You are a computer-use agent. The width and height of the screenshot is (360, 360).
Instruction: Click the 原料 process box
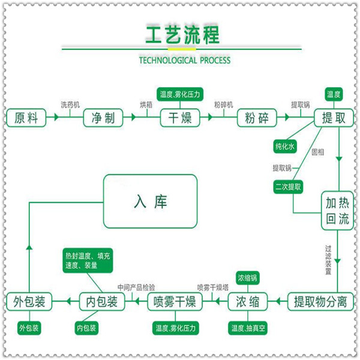(x=26, y=118)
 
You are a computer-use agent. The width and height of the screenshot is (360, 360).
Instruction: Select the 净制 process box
(x=103, y=118)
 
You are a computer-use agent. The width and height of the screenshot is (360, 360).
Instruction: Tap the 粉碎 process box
(x=257, y=118)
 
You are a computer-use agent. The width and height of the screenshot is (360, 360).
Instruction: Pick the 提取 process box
(x=334, y=118)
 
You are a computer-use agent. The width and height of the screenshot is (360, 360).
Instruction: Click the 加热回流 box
(x=337, y=211)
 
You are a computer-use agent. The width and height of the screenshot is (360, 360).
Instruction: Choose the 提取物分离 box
(x=320, y=301)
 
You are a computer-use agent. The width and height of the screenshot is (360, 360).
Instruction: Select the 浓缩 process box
(x=248, y=301)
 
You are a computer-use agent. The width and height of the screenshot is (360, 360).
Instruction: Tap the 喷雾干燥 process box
(x=175, y=301)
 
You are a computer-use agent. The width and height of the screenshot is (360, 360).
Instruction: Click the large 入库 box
(x=151, y=202)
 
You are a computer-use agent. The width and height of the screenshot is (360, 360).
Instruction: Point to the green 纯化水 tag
(x=285, y=146)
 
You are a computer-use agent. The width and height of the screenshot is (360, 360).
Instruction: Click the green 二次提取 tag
(x=288, y=187)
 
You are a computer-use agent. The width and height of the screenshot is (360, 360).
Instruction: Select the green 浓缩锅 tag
(x=247, y=278)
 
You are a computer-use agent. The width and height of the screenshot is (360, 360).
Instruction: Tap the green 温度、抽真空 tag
(x=248, y=328)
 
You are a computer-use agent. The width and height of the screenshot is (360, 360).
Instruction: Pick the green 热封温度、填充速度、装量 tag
(x=88, y=260)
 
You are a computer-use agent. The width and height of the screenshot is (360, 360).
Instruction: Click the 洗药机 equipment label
(x=70, y=105)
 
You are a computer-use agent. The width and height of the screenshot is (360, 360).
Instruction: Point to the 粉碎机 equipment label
(x=224, y=105)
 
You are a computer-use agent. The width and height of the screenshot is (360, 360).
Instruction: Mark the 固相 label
(x=318, y=152)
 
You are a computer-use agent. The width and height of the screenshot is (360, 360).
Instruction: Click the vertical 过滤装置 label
(x=328, y=260)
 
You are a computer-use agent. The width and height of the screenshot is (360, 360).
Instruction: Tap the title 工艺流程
(x=183, y=35)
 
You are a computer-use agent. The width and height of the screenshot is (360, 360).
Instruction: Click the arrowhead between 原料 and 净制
(x=56, y=117)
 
